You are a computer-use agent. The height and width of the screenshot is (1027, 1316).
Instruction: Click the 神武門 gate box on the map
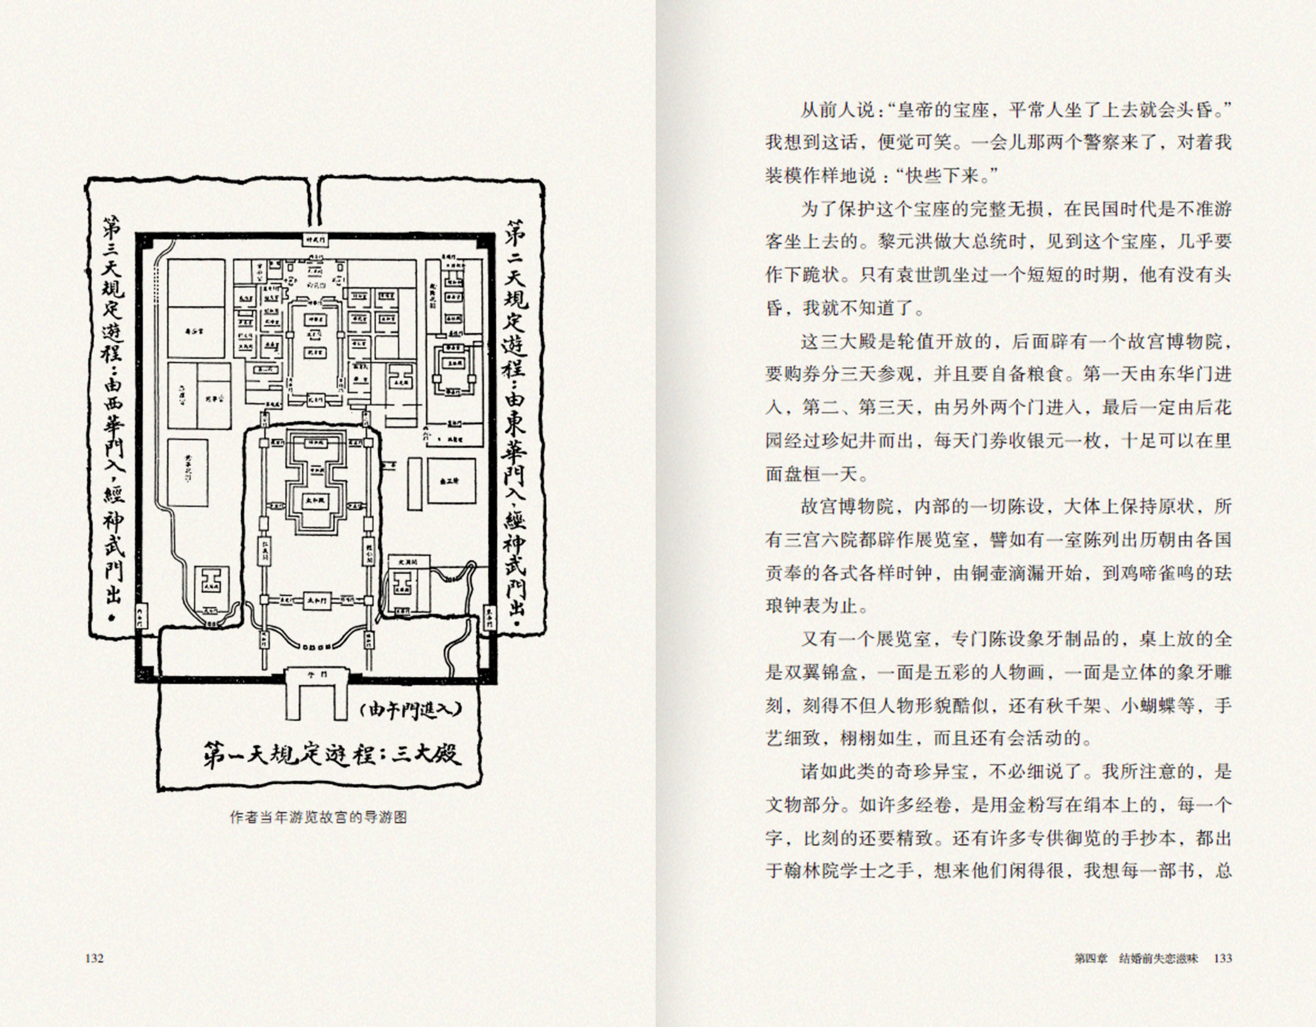point(316,239)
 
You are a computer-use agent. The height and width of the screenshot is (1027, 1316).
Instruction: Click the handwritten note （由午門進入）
point(409,710)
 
